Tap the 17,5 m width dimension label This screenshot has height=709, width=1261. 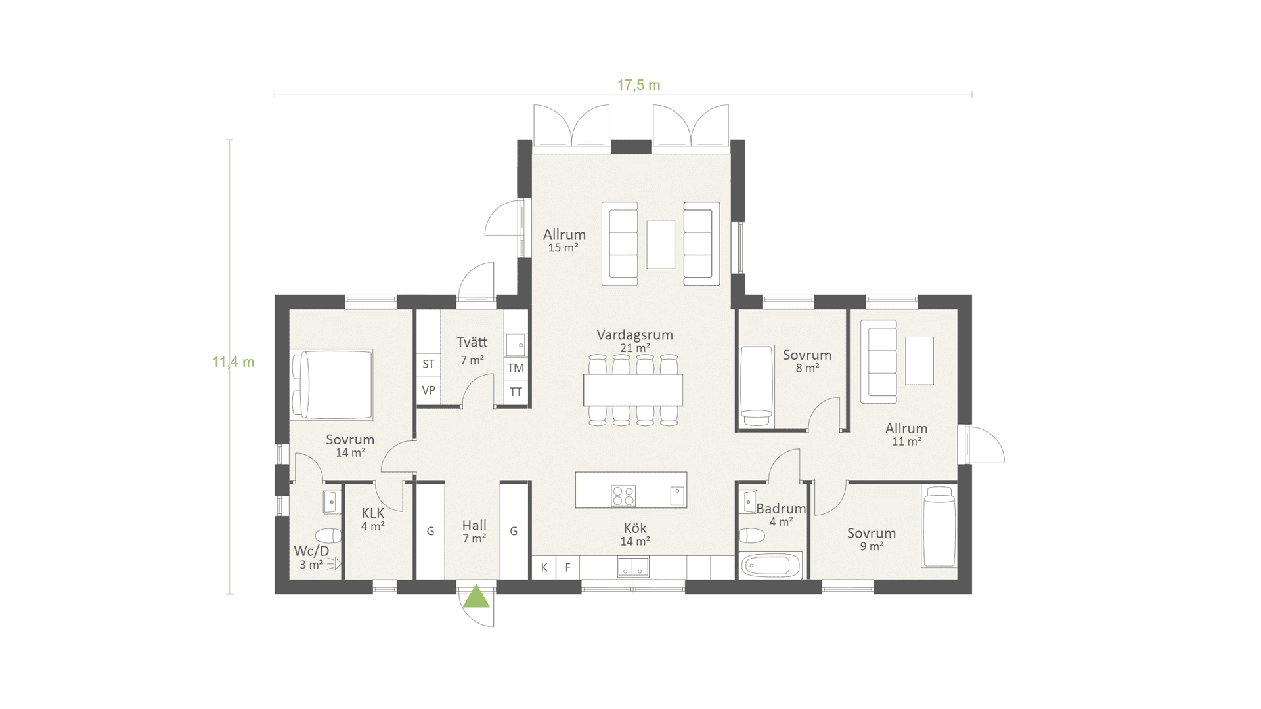coord(638,85)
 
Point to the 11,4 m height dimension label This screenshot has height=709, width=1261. coord(233,362)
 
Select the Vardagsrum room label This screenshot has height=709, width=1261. coord(634,335)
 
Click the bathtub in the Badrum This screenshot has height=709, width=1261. coord(770,565)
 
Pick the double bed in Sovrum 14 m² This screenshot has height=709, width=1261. coord(332,385)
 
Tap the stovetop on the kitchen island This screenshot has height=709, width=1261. coord(623,496)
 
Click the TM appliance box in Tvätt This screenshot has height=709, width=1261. coord(516,368)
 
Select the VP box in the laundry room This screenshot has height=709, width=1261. coord(428,390)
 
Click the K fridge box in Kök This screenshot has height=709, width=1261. coord(544,567)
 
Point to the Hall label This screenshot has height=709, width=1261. coord(474,525)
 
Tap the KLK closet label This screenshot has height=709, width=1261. coord(372,513)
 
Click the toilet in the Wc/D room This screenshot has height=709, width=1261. coord(328,535)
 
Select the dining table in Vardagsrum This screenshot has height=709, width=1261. coord(633,390)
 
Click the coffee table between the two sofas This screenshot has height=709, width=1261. coord(661,244)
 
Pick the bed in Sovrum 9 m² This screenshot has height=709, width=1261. coord(939,526)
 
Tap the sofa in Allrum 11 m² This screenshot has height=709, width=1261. coord(879,362)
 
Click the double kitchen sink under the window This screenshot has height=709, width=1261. coord(633,567)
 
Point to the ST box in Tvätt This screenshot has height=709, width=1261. coord(428,364)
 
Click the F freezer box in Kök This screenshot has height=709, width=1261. coord(568,567)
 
